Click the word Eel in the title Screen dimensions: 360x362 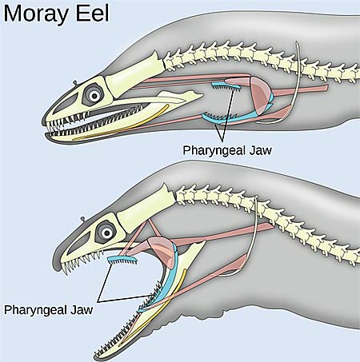93,13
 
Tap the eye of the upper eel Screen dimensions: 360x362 94,95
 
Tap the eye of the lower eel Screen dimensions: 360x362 107,233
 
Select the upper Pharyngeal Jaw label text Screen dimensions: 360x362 227,150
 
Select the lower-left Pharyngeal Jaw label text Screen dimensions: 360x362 49,310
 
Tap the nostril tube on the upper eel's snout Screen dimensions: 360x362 75,83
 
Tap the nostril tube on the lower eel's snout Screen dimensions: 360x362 83,220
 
